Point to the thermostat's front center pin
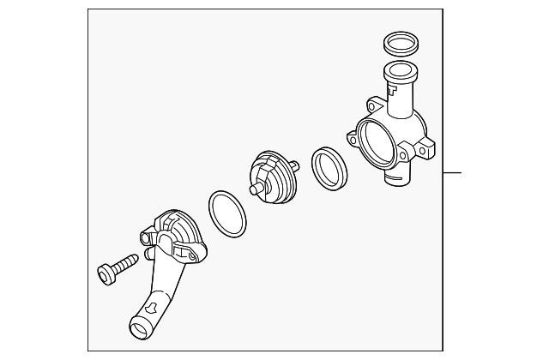coord(255,189)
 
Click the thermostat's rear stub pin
coord(294,164)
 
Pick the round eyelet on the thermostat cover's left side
coord(145,231)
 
